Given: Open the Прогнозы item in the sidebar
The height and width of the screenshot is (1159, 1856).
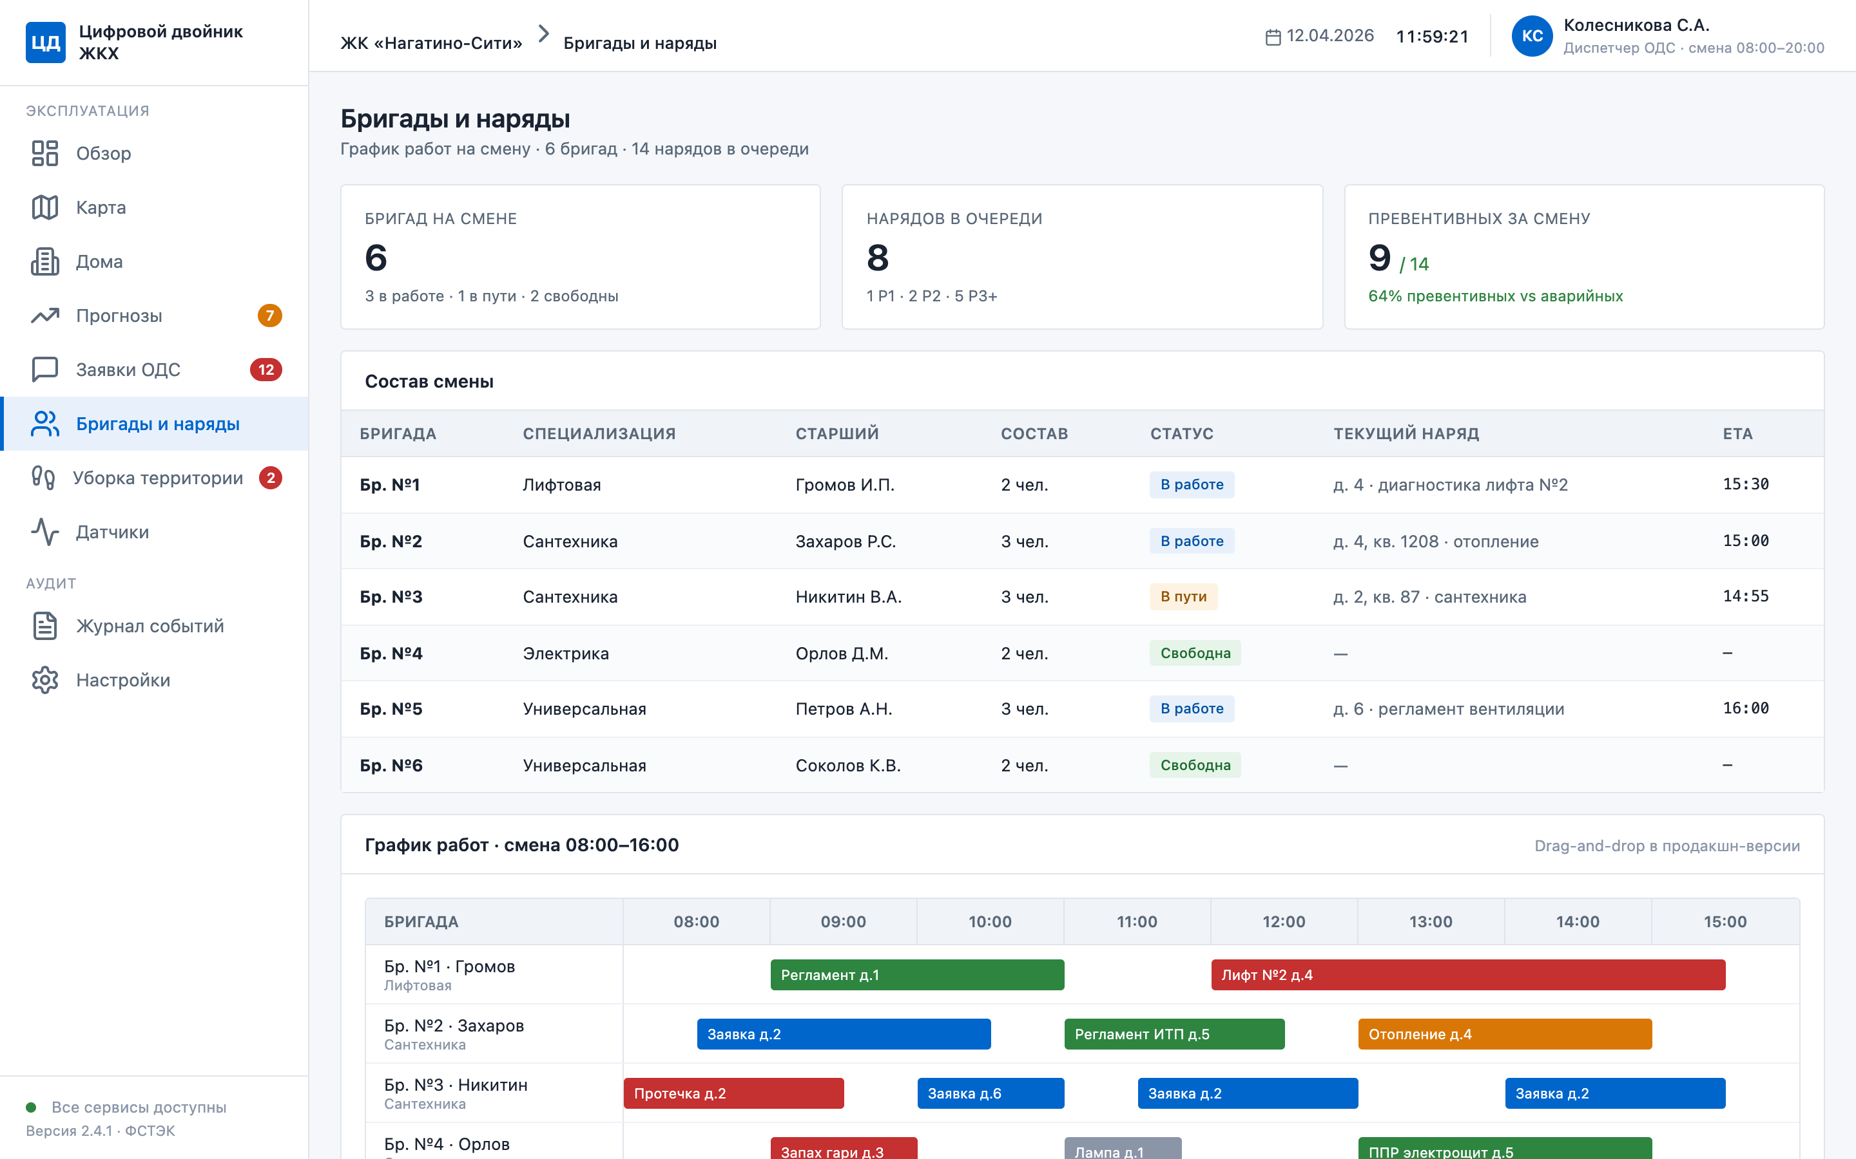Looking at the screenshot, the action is point(119,316).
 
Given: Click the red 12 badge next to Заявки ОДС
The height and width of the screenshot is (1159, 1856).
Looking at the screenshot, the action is point(266,370).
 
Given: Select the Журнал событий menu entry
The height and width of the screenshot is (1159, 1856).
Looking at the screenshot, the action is point(150,627).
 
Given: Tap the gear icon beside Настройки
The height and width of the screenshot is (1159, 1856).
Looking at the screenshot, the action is point(45,680).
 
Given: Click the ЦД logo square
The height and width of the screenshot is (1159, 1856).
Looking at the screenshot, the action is point(45,42).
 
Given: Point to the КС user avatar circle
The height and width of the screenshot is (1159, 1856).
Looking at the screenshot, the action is point(1532,36).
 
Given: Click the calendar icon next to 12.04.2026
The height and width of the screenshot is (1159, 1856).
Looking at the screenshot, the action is point(1272,37).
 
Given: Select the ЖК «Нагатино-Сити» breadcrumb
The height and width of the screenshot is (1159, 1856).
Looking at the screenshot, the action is point(431,43).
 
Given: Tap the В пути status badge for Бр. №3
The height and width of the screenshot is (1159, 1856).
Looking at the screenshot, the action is point(1183,596).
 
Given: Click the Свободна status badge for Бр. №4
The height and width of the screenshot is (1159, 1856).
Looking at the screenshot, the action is point(1195,653).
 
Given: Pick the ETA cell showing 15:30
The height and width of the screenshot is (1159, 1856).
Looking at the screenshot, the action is point(1746,484).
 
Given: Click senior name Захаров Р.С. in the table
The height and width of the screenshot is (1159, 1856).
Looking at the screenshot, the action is point(845,541).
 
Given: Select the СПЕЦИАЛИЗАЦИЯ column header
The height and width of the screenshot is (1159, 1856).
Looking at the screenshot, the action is point(599,434).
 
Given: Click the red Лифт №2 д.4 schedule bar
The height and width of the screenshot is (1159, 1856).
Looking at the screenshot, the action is point(1468,975).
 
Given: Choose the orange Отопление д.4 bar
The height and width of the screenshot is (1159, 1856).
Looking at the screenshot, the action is point(1505,1034).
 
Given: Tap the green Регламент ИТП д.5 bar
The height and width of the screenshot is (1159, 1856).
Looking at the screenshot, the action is point(1174,1034).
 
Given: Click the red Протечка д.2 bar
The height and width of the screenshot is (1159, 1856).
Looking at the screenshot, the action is point(733,1093).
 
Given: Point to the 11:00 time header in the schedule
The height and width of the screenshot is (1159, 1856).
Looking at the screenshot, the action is point(1137,921).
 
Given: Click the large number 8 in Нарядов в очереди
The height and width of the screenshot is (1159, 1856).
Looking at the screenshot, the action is point(877,258).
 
